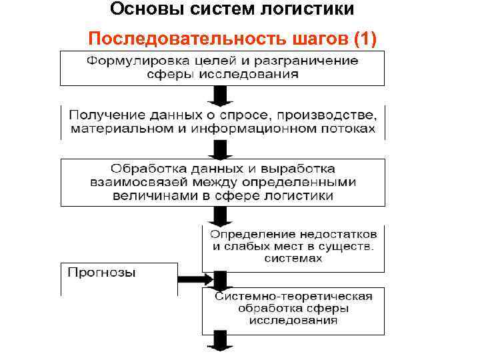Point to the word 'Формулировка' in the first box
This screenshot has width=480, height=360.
point(133,61)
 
